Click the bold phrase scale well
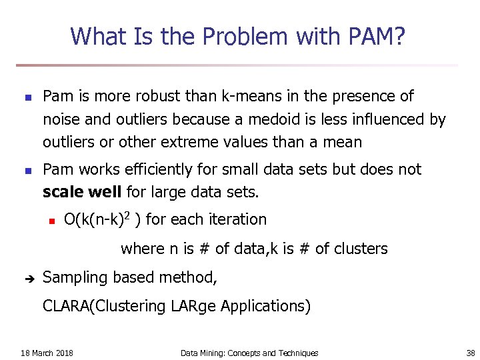pyautogui.click(x=82, y=193)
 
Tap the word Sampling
pyautogui.click(x=73, y=278)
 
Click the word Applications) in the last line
pyautogui.click(x=266, y=307)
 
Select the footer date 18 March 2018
pyautogui.click(x=47, y=353)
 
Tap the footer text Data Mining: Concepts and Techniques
pyautogui.click(x=249, y=353)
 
